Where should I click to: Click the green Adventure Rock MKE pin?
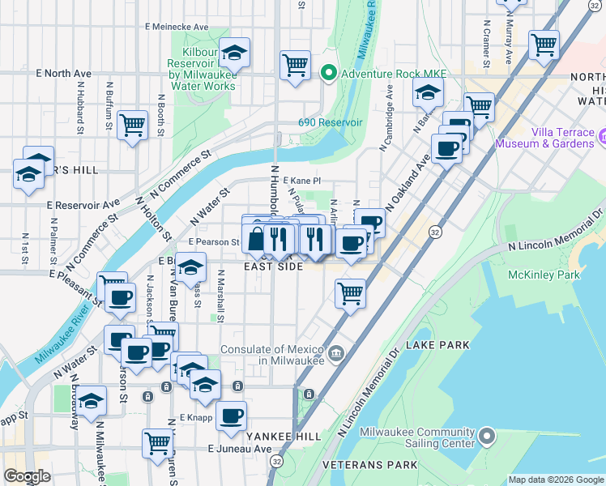click(329, 74)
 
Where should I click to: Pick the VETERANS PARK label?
click(369, 465)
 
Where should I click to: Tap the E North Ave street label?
click(63, 74)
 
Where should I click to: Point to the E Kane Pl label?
click(296, 181)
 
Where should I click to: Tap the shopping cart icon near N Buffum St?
click(132, 126)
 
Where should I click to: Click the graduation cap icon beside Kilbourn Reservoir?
click(235, 53)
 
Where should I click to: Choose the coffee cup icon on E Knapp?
click(232, 416)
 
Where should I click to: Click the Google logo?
click(28, 476)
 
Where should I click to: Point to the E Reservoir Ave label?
click(83, 204)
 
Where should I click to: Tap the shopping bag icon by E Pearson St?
click(256, 240)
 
